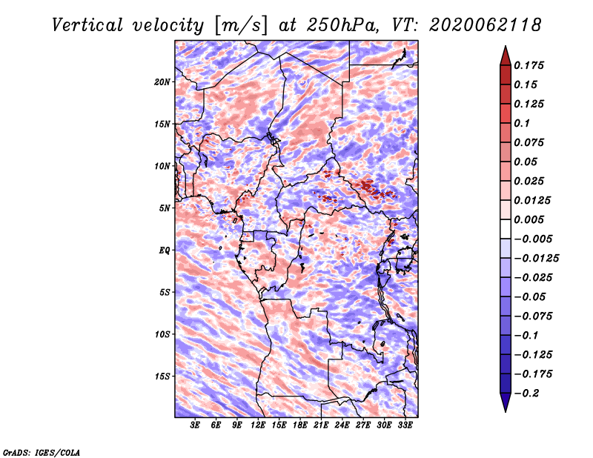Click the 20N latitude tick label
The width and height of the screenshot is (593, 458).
[162, 82]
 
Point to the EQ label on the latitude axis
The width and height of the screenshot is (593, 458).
[165, 250]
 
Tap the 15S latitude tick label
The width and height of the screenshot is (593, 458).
[162, 376]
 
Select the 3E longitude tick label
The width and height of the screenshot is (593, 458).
[195, 425]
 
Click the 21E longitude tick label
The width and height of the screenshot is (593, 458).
[321, 425]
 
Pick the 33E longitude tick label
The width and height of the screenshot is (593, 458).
[405, 425]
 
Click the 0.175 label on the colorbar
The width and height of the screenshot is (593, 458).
[529, 65]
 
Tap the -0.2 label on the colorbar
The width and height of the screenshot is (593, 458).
[526, 394]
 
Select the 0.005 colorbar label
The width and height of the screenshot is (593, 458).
[529, 219]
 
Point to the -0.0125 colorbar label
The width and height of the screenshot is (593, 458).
[536, 259]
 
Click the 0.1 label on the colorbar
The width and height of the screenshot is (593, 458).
[522, 123]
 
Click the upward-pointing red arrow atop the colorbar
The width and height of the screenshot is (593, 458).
[506, 56]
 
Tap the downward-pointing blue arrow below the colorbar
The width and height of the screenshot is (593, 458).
[506, 402]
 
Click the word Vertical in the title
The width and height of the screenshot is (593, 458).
[87, 25]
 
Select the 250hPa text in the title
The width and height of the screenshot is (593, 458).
[342, 25]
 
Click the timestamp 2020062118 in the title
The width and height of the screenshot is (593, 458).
[486, 25]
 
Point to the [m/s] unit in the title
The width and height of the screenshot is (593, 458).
[241, 25]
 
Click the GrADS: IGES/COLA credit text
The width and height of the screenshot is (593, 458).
[42, 452]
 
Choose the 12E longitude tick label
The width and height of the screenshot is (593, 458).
[258, 425]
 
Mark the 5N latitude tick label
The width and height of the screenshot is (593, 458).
[165, 208]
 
